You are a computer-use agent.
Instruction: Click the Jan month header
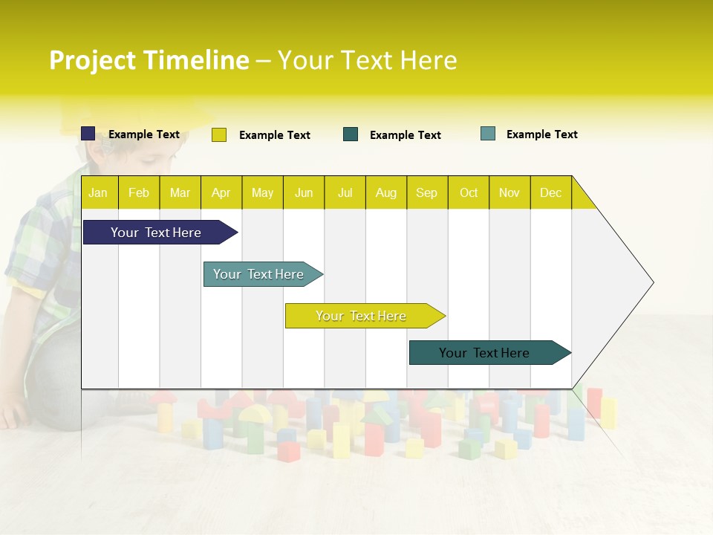point(98,192)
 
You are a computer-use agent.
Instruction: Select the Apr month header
point(221,192)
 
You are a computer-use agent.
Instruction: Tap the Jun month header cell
point(304,192)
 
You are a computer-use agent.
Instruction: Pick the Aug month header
point(385,192)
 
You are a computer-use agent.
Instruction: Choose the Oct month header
point(469,192)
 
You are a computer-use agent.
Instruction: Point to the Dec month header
point(550,192)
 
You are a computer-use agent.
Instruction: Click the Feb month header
point(139,192)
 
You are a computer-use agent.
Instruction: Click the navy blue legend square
point(88,134)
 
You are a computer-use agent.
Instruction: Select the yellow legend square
point(219,134)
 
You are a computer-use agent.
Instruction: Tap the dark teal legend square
point(351,134)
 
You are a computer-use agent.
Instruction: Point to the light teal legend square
point(488,134)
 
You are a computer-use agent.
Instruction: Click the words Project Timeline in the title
point(149,60)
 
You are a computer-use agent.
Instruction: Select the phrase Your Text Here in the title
point(367,60)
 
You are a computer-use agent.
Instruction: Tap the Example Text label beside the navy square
point(144,134)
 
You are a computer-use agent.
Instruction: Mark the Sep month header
point(426,192)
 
